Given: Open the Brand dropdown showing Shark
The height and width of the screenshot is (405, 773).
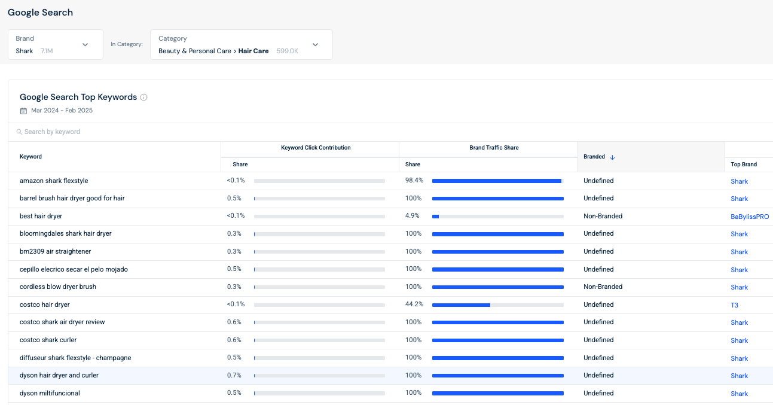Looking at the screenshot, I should click(56, 45).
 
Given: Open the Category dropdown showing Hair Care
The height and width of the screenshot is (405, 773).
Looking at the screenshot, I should click(241, 45).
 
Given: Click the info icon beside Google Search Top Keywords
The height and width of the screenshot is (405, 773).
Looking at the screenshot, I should click(143, 98).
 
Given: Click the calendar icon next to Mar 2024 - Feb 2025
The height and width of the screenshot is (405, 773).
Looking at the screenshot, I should click(23, 111).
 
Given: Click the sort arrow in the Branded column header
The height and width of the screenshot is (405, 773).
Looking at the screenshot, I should click(612, 157).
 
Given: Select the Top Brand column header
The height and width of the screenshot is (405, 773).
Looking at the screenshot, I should click(744, 165).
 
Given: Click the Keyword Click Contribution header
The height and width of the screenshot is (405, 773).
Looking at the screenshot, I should click(316, 148).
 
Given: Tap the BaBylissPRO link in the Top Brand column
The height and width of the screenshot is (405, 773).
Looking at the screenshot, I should click(750, 217).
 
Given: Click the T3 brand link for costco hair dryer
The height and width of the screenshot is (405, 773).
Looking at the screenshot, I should click(734, 305).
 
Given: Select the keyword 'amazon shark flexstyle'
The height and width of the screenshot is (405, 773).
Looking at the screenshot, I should click(54, 181).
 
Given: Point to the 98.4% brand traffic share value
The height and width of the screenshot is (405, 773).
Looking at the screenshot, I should click(414, 181).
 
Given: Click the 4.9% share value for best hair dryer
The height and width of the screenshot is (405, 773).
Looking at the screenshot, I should click(413, 216).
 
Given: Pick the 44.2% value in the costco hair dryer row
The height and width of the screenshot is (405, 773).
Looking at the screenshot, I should click(414, 304).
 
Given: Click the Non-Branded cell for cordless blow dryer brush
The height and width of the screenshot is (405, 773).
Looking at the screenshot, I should click(603, 287).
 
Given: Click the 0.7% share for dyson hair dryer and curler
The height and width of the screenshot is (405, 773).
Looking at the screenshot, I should click(234, 375).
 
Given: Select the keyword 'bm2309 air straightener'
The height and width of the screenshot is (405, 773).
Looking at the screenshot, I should click(55, 251).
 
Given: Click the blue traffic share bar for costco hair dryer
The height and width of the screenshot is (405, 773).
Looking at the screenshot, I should click(461, 305).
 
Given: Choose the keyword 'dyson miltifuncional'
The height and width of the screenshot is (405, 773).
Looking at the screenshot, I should click(50, 393).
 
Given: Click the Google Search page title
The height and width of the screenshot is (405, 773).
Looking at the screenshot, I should click(40, 13).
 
